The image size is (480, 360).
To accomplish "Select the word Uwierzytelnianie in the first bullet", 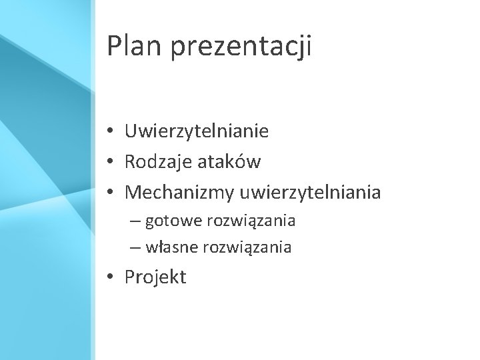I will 197,132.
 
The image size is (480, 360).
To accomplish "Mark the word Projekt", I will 156,277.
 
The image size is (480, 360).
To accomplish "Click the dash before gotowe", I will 135,221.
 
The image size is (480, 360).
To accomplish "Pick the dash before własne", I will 135,247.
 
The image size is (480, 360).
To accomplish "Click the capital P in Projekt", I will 131,276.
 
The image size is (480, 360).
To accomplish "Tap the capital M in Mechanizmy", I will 134,193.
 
